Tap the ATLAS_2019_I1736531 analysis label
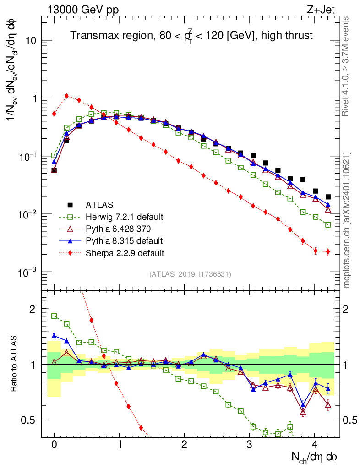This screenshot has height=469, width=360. tap(190, 274)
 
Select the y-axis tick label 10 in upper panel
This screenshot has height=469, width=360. tap(31, 41)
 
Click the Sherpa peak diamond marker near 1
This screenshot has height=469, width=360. tap(67, 96)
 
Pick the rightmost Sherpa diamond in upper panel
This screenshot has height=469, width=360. tap(328, 251)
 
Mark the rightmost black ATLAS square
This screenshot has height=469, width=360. tap(328, 197)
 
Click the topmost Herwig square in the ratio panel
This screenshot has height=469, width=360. tap(54, 316)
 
